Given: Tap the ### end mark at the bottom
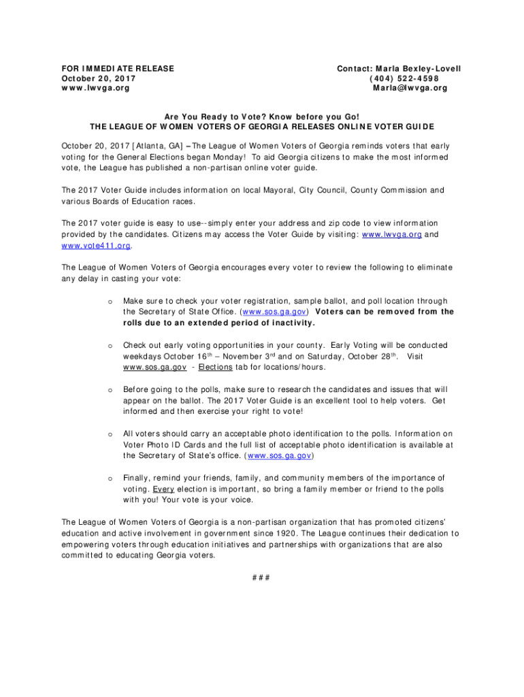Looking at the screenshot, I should pyautogui.click(x=261, y=579).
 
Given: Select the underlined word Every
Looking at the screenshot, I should pyautogui.click(x=163, y=489).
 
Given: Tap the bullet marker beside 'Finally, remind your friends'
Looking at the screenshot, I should pyautogui.click(x=110, y=478).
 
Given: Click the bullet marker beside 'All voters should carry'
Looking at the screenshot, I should pyautogui.click(x=110, y=434).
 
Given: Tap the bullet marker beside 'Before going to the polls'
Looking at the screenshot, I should pyautogui.click(x=110, y=389).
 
